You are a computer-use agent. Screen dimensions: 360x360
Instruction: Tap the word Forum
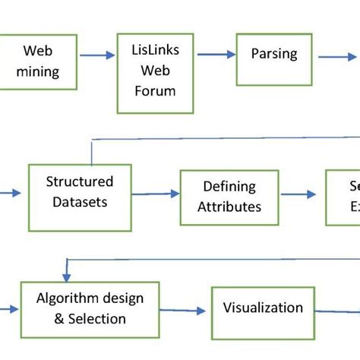point(149,91)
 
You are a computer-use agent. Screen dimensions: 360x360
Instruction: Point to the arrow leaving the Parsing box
point(334,55)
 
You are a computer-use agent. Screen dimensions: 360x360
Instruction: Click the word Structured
point(79,182)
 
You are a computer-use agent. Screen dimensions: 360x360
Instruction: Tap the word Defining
point(229,186)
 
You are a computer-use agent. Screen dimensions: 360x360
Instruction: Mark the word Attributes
point(229,206)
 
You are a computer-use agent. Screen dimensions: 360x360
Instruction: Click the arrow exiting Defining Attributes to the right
point(301,195)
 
